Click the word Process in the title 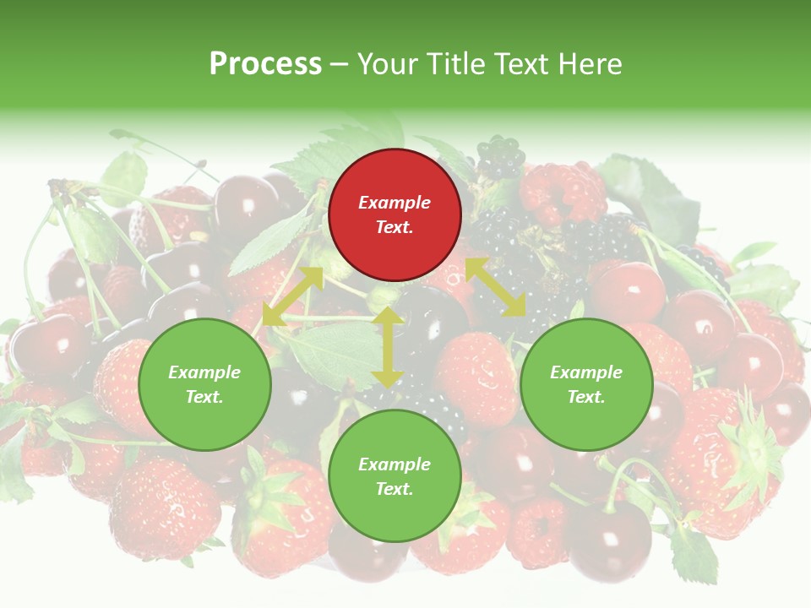(x=265, y=63)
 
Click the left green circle (x=204, y=384)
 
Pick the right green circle (x=586, y=384)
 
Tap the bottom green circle (x=395, y=476)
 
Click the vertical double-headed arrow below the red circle (x=388, y=347)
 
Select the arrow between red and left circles (x=292, y=296)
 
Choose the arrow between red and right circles (x=496, y=287)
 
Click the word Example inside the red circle (x=395, y=203)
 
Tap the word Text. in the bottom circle (x=395, y=489)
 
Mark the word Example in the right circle (x=586, y=372)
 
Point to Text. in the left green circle (x=204, y=397)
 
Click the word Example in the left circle (x=204, y=372)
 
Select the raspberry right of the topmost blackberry (x=562, y=193)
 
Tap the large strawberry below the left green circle (x=165, y=507)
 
